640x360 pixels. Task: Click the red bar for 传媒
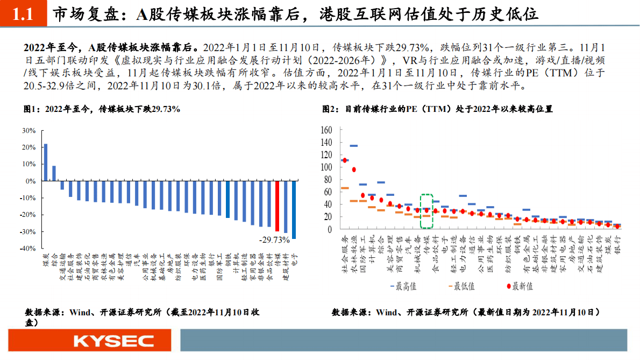click(278, 206)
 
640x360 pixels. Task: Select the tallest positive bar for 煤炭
click(46, 163)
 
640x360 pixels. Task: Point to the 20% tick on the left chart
click(29, 147)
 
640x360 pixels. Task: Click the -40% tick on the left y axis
click(27, 249)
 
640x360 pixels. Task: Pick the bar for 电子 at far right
click(294, 210)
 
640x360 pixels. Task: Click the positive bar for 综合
click(54, 173)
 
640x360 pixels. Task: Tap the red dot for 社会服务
click(345, 160)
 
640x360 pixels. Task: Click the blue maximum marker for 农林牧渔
click(354, 146)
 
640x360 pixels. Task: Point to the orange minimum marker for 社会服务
click(345, 188)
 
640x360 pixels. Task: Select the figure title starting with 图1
click(102, 109)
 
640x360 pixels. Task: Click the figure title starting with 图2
click(437, 109)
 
